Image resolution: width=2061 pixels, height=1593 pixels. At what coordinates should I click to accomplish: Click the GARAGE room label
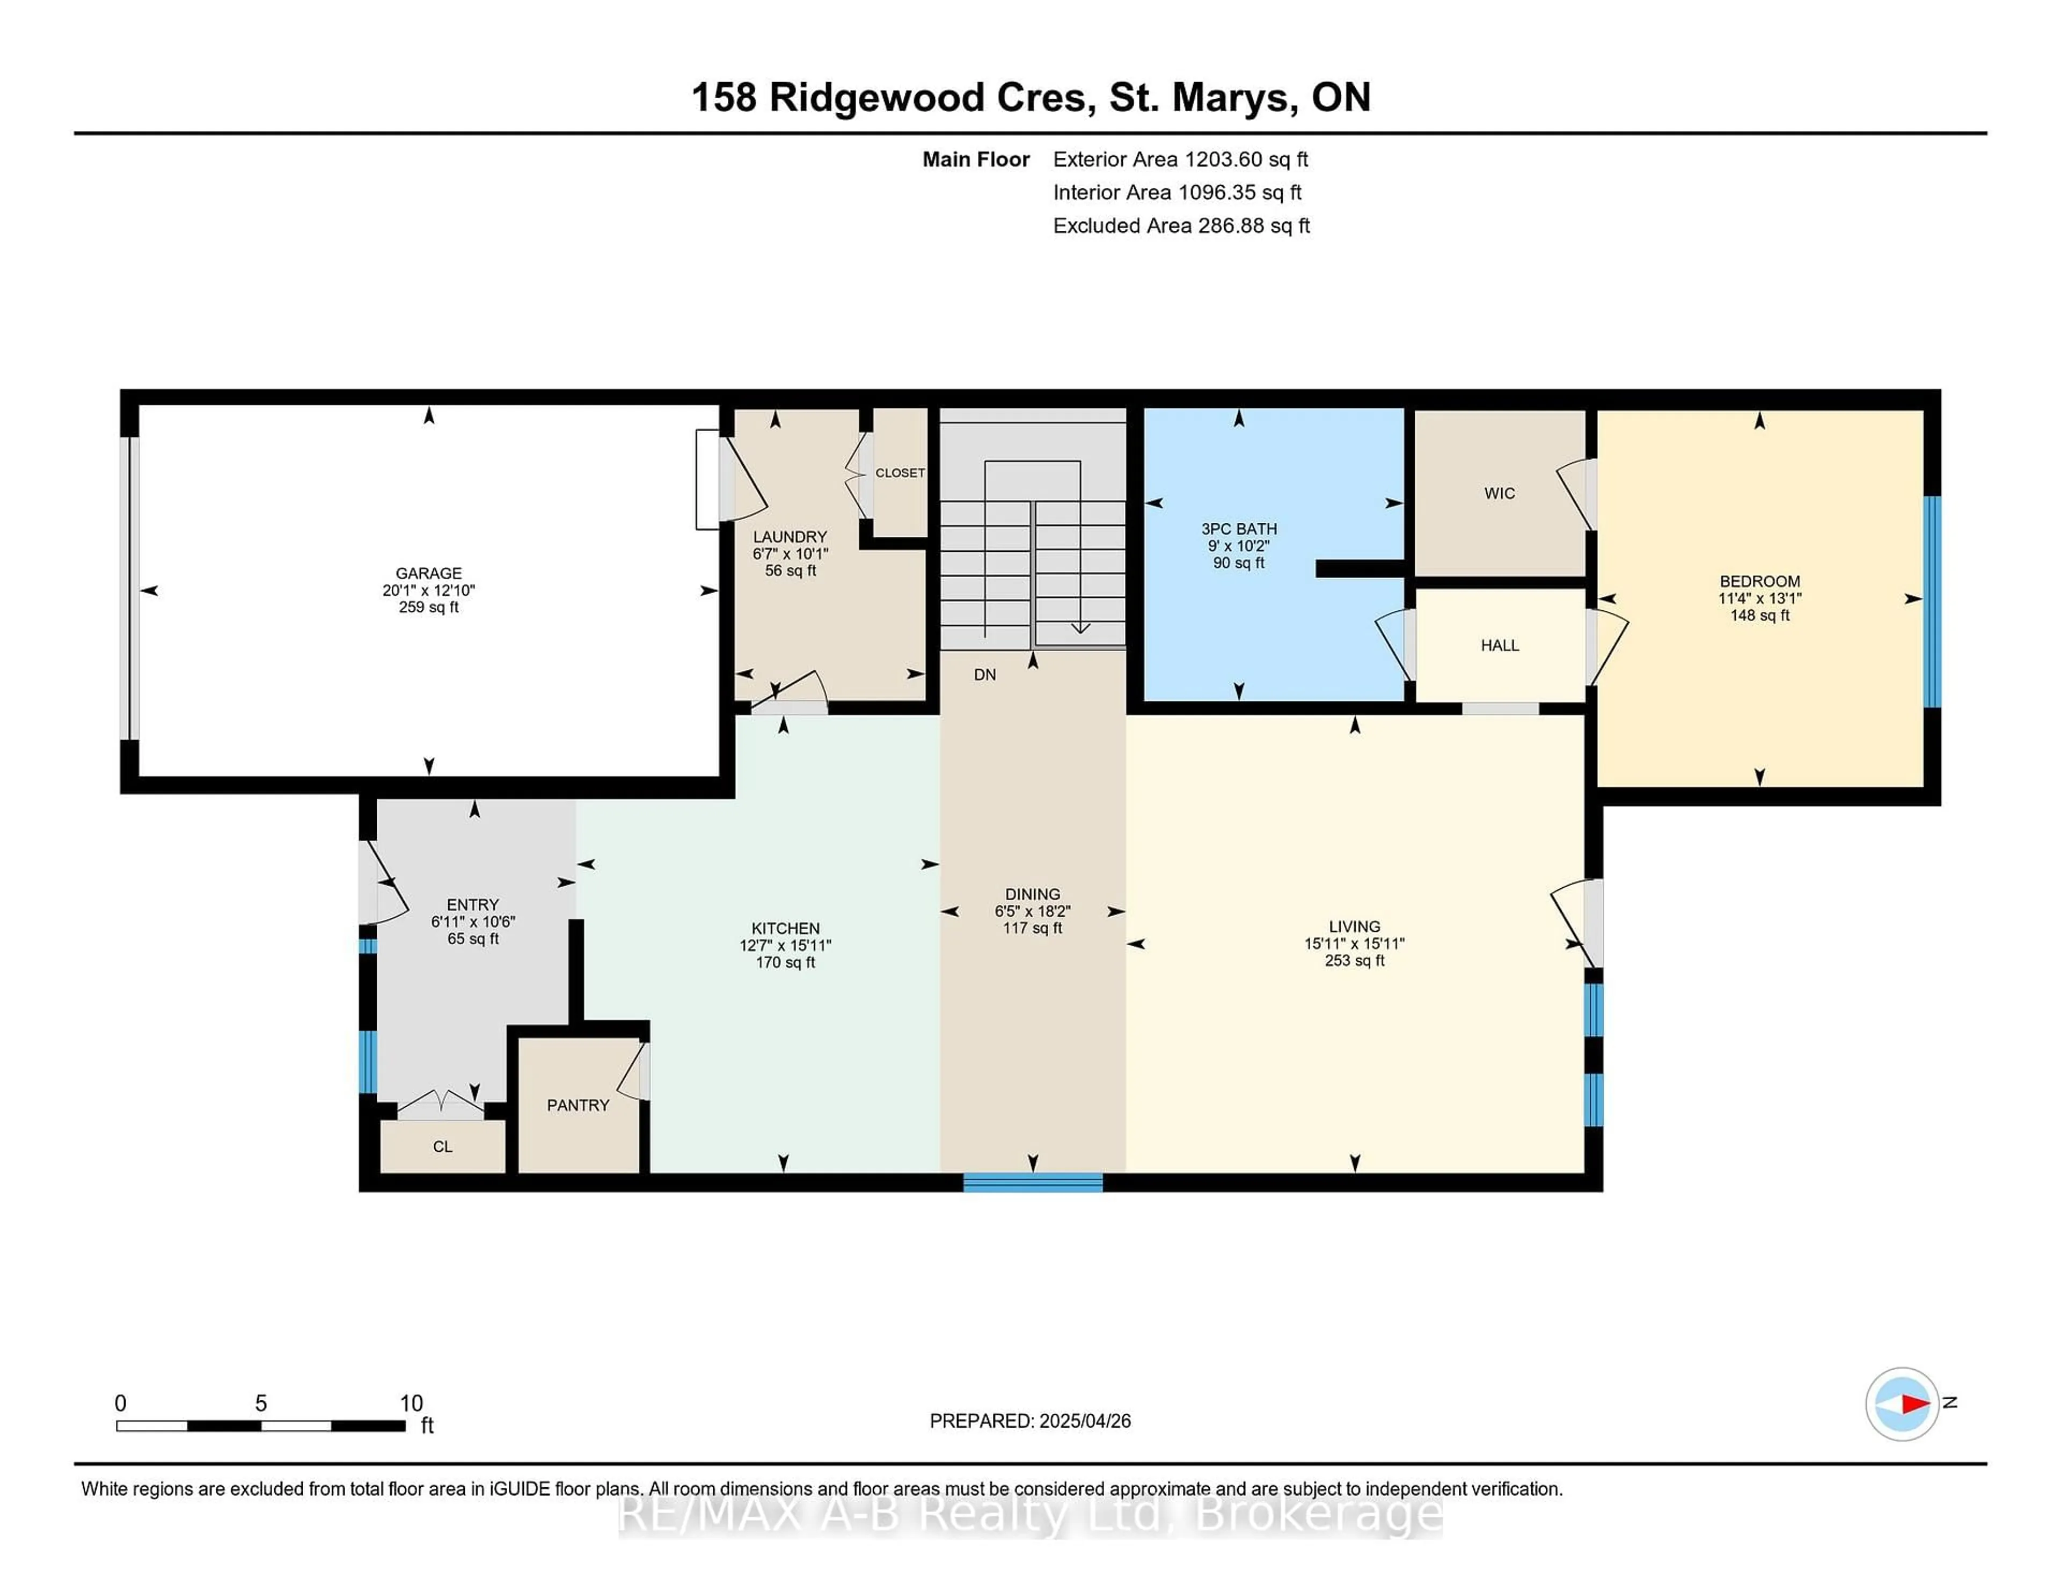coord(428,573)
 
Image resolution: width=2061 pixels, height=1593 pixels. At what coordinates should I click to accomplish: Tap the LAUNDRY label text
coord(790,537)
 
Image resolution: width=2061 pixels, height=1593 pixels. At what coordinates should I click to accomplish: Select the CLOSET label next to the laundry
coord(900,473)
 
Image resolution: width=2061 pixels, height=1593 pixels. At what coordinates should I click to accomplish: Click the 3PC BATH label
coord(1239,529)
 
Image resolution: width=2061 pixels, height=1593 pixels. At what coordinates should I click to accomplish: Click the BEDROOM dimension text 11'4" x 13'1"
coord(1760,598)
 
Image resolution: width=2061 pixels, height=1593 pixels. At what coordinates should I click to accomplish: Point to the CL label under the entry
coord(443,1146)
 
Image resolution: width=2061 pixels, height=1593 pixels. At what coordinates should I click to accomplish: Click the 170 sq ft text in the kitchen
coord(785,962)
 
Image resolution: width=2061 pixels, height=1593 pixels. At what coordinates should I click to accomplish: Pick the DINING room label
coord(1033,894)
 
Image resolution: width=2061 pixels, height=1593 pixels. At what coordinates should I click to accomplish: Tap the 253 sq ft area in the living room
coord(1355,961)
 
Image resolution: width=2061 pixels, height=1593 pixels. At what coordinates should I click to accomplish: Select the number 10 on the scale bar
coord(412,1404)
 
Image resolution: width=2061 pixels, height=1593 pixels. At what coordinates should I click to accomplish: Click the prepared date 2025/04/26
coord(1084,1421)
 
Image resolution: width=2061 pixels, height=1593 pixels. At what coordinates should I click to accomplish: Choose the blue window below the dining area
coord(1033,1182)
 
